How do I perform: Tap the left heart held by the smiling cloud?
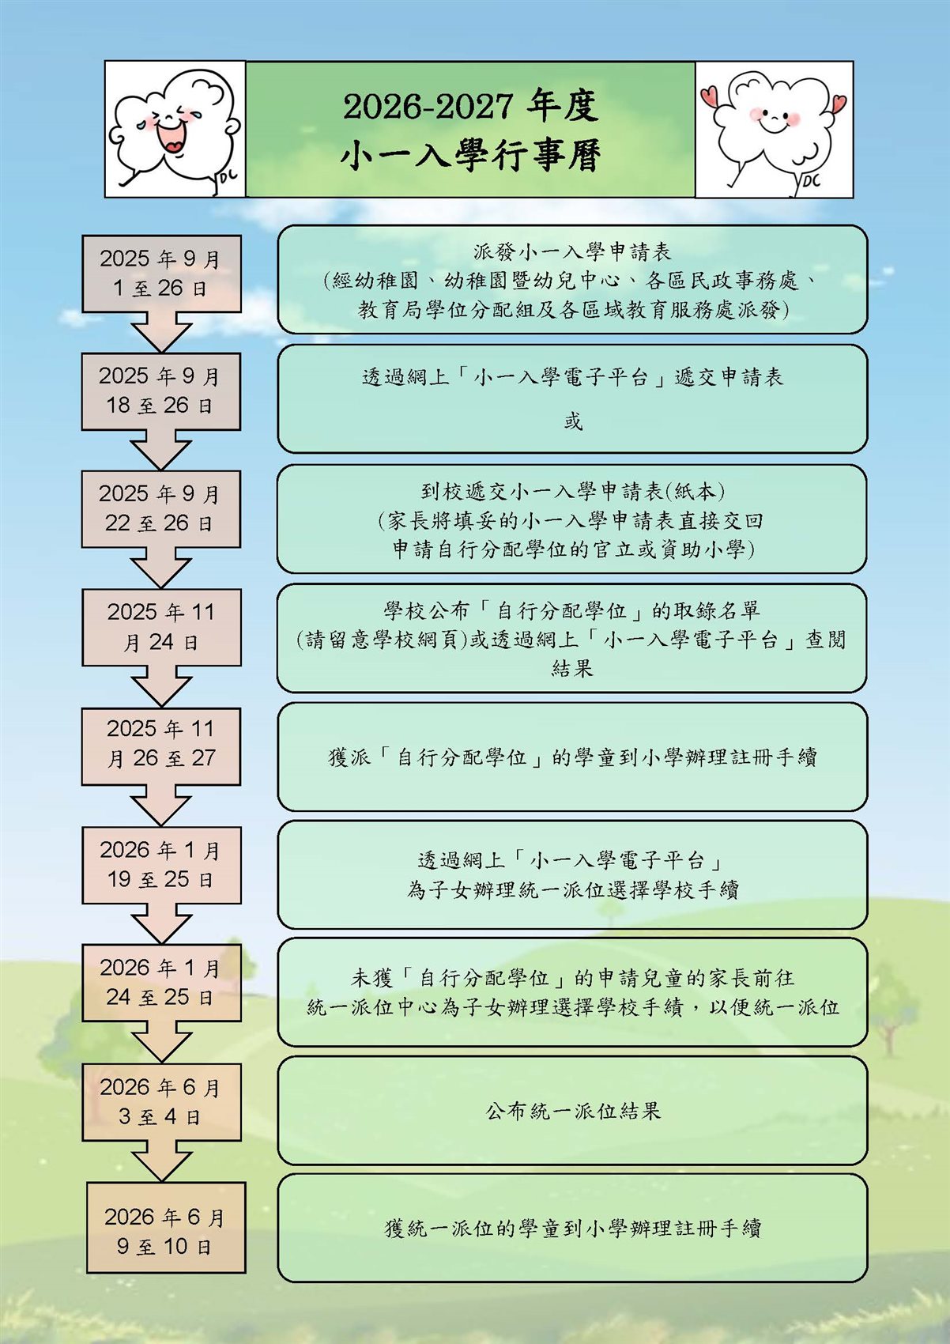[710, 96]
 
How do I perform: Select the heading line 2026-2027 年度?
[471, 107]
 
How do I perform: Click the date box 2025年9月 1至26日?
[161, 274]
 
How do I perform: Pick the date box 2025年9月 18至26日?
[160, 391]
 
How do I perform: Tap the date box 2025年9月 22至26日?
[160, 509]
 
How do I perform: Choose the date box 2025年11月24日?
[161, 627]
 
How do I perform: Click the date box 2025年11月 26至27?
[160, 746]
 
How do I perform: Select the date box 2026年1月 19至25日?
[161, 865]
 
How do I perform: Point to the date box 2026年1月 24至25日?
[161, 983]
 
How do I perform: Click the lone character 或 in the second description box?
[573, 422]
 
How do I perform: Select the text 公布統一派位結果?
[573, 1112]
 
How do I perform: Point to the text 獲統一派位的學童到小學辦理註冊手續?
[573, 1229]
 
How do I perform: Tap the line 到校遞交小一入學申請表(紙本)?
[573, 492]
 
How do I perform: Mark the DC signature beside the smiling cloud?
[811, 180]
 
